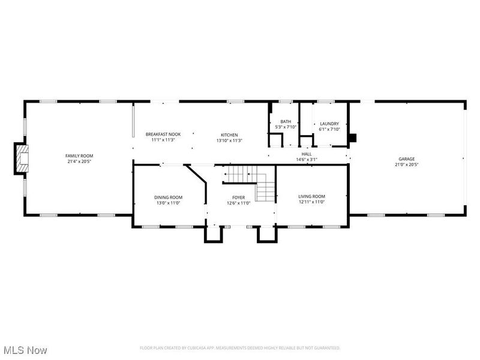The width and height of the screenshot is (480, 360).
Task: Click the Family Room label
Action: (79, 155)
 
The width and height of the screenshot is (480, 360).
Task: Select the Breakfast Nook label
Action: (163, 134)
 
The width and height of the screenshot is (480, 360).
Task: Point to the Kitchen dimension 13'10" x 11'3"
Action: (229, 140)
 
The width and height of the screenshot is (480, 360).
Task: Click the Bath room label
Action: (286, 122)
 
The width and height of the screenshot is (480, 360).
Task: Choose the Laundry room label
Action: (329, 124)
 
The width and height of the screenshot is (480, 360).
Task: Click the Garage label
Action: (407, 159)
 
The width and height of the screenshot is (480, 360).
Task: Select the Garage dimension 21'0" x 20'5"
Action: (407, 164)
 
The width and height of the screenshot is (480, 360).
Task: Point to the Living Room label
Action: (311, 196)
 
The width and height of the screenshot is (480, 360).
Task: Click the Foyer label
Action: (239, 197)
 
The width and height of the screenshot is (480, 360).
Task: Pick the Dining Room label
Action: (168, 197)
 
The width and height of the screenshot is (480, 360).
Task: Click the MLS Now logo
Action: (25, 349)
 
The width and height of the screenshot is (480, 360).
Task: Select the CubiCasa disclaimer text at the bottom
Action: (240, 347)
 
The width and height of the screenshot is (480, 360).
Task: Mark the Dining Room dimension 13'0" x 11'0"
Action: (168, 203)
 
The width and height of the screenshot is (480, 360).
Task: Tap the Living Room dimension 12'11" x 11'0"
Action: (311, 202)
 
